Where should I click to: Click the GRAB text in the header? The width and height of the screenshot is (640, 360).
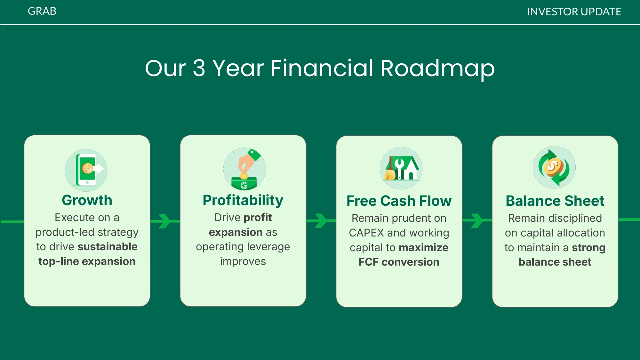[x=42, y=11]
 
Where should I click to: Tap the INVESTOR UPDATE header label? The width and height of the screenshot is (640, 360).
[x=574, y=12]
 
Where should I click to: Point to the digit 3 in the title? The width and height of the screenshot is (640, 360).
[x=199, y=68]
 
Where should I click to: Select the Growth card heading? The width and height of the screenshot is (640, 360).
[x=87, y=200]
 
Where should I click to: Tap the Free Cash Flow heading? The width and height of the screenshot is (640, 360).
[x=399, y=201]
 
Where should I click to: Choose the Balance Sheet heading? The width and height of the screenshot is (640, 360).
[x=555, y=201]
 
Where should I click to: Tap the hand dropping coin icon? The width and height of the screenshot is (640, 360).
[x=244, y=169]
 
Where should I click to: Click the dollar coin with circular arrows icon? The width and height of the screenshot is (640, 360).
[x=554, y=167]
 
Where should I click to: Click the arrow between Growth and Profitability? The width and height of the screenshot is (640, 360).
[x=165, y=221]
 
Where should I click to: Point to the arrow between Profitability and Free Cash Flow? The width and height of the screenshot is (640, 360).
[x=321, y=220]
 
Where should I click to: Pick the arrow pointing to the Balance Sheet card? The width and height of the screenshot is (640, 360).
[x=477, y=220]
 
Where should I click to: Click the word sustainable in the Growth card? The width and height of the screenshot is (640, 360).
[x=108, y=247]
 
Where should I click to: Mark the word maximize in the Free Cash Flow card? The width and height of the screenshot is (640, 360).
[x=423, y=248]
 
